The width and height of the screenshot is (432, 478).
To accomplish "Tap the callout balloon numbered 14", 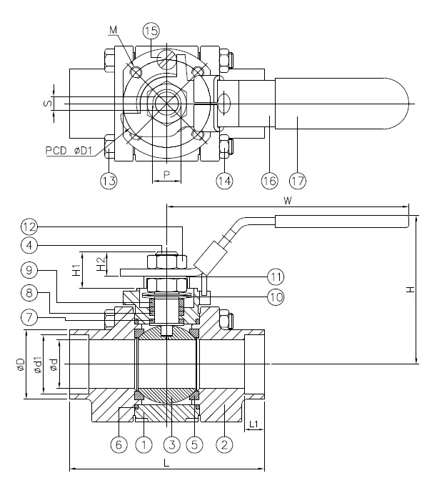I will point(225,181).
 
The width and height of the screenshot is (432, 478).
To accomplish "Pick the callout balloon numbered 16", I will point(269,181).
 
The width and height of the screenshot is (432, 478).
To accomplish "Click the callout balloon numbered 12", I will point(29,227).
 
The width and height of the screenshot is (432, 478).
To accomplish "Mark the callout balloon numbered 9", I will point(29,271).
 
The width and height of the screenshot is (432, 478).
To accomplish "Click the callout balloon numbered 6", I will point(119,444).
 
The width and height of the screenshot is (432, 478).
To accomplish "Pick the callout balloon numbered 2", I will point(225,444).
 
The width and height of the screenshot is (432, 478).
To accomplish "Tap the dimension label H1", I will point(76,270).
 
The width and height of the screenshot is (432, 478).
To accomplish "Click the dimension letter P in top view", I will point(166,174).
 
